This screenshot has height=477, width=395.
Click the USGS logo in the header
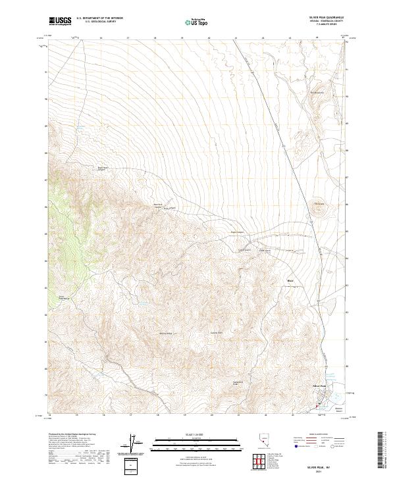point(60,22)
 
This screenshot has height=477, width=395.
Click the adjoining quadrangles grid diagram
point(260,463)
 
